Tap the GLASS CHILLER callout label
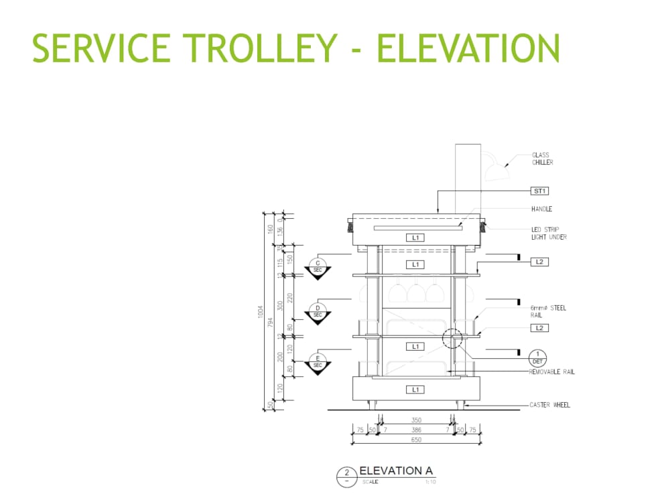[x=542, y=159]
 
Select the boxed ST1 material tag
[x=540, y=191]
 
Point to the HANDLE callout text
[x=542, y=209]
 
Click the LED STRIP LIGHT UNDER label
[x=549, y=233]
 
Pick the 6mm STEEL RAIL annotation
[x=548, y=311]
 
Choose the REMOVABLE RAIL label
[x=551, y=371]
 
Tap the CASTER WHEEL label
[x=549, y=405]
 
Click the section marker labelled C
[x=318, y=266]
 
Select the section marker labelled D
[x=318, y=311]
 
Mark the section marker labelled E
[x=318, y=361]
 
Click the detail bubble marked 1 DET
[x=537, y=357]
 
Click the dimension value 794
[x=271, y=322]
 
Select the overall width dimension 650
[x=416, y=440]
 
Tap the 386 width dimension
[x=416, y=430]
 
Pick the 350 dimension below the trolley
[x=416, y=420]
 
